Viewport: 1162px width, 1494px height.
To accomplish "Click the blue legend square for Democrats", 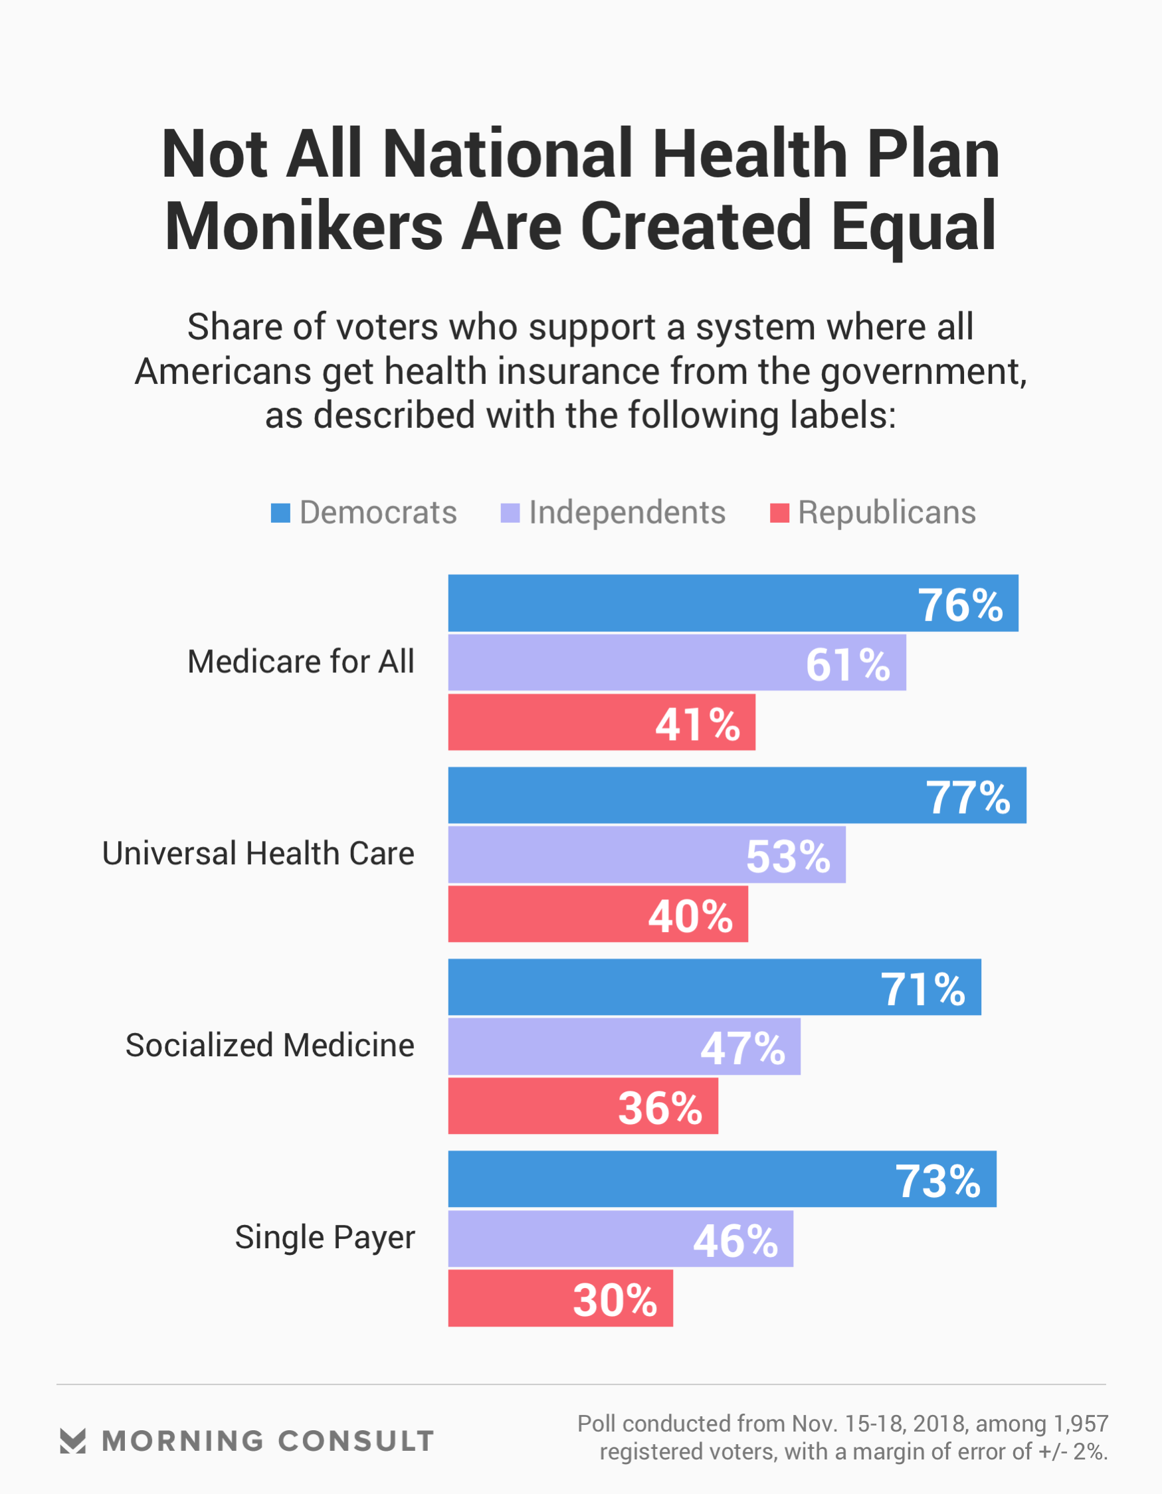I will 280,513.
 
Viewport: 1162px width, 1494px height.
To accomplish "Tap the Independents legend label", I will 627,513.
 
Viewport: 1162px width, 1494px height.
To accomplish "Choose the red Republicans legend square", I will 779,513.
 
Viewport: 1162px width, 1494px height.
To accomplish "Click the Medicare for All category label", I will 300,662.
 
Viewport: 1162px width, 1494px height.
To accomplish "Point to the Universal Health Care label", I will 258,854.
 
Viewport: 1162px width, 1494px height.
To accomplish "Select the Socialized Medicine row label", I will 270,1045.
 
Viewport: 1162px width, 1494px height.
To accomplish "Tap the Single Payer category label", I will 324,1238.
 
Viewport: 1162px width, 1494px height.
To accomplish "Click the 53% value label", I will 788,856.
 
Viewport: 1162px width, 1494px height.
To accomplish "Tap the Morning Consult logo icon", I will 72,1441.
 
